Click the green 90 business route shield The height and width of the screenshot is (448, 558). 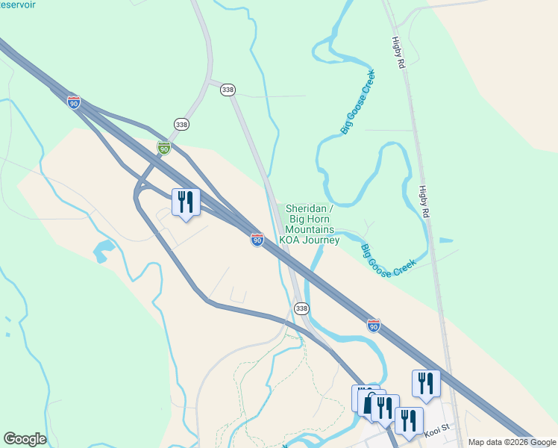pyautogui.click(x=164, y=149)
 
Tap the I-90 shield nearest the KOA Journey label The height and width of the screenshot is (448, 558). pyautogui.click(x=257, y=240)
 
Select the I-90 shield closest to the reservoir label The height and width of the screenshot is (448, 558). pyautogui.click(x=73, y=103)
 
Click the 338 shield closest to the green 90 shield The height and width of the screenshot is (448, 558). pyautogui.click(x=181, y=124)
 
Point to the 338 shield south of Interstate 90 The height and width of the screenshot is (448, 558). pyautogui.click(x=301, y=308)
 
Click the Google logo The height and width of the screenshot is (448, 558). pyautogui.click(x=25, y=439)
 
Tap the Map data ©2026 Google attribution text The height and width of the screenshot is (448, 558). pyautogui.click(x=512, y=442)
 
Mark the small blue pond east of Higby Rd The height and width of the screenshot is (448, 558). pyautogui.click(x=446, y=241)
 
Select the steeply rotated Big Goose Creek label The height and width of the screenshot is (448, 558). pyautogui.click(x=358, y=103)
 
